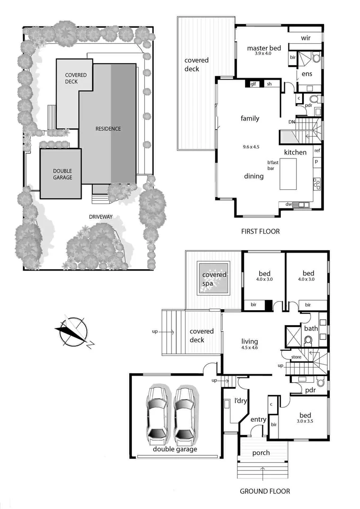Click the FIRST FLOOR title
click(260, 231)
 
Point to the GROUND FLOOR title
click(265, 491)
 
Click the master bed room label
click(264, 49)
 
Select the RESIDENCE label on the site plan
click(108, 129)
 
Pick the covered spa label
click(214, 279)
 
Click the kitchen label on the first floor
click(295, 152)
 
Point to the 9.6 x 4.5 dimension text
click(250, 147)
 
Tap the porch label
click(261, 453)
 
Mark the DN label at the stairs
click(292, 122)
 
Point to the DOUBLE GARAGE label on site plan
click(62, 174)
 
